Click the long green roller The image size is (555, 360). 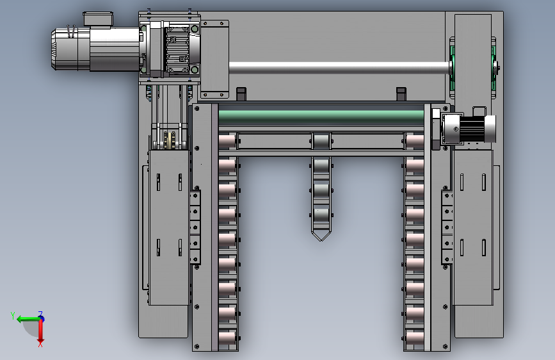tap(321, 117)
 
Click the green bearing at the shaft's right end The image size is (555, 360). tap(452, 67)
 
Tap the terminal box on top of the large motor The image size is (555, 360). tap(98, 19)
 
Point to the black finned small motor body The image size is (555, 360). tap(471, 129)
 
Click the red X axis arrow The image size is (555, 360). tap(41, 331)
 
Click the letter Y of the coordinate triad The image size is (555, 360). tap(13, 315)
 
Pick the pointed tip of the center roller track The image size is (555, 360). tap(321, 241)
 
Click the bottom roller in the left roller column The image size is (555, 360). tap(228, 338)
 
